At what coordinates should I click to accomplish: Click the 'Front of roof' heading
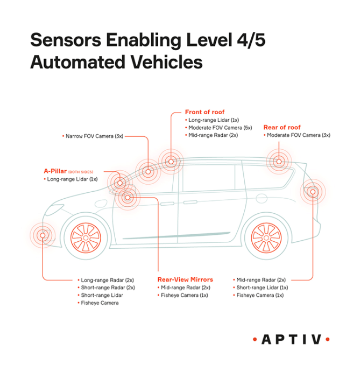pyautogui.click(x=204, y=112)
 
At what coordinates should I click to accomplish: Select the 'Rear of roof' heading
pyautogui.click(x=281, y=127)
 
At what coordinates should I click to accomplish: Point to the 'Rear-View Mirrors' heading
pyautogui.click(x=185, y=280)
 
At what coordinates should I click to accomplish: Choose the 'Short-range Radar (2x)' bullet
pyautogui.click(x=107, y=288)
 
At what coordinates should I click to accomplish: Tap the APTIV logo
pyautogui.click(x=291, y=339)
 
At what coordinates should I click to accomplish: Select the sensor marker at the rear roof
pyautogui.click(x=279, y=160)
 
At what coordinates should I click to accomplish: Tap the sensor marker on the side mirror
pyautogui.click(x=128, y=197)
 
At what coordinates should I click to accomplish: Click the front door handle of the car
pyautogui.click(x=167, y=204)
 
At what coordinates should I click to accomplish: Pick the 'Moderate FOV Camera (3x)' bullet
pyautogui.click(x=298, y=135)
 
